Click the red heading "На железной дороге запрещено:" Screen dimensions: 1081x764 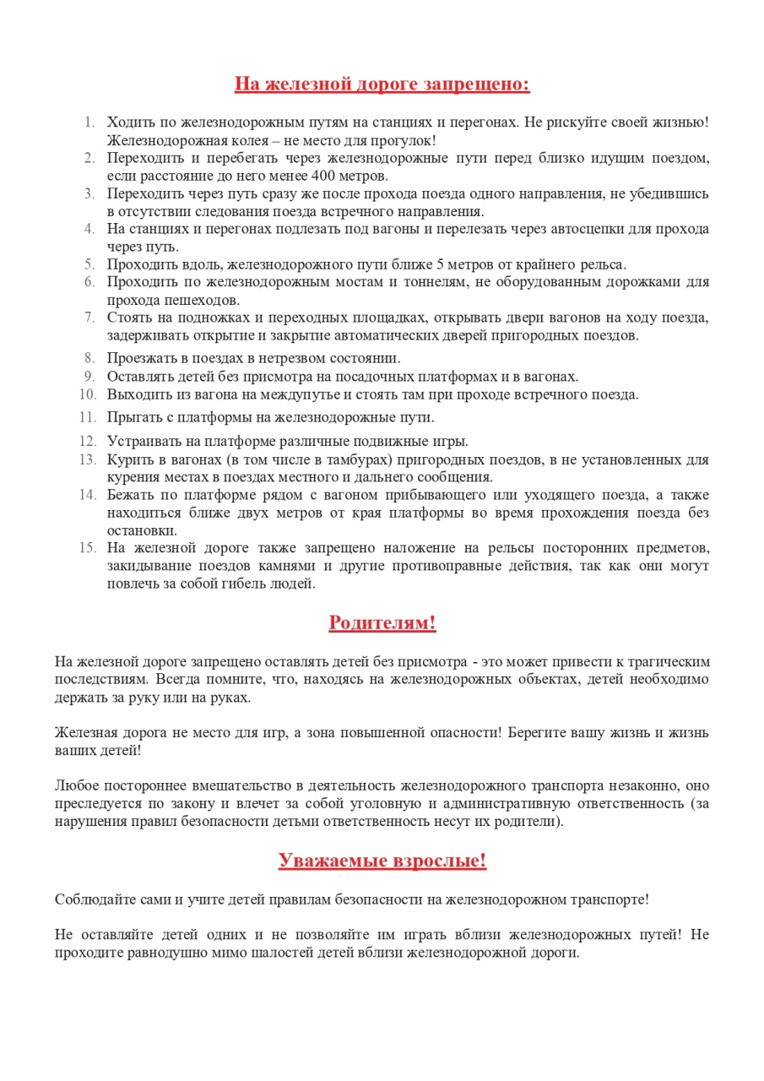coord(382,84)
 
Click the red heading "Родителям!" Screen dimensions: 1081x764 coord(382,623)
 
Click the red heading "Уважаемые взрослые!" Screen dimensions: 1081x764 coord(382,861)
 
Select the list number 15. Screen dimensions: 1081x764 coord(88,547)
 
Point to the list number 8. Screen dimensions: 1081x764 coord(90,357)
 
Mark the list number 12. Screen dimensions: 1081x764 coord(88,441)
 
